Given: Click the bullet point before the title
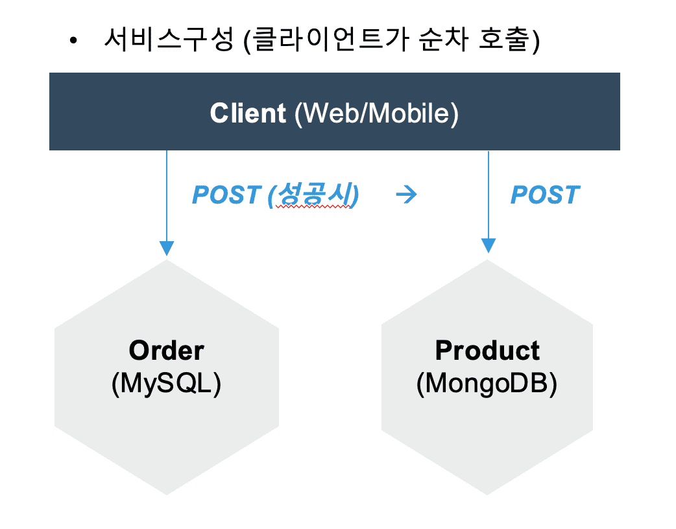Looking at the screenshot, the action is click(73, 41).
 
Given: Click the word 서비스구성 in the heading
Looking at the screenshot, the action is click(169, 39).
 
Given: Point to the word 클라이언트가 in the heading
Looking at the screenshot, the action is click(330, 39).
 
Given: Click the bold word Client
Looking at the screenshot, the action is click(248, 113).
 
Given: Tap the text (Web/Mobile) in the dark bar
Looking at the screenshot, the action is click(376, 113).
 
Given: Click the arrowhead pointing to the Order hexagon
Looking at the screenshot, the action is click(167, 248).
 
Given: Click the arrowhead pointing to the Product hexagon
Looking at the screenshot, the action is click(488, 246).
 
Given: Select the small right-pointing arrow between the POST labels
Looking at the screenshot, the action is click(407, 194).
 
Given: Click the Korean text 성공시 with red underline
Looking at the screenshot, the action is click(314, 194).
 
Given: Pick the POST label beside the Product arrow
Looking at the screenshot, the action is click(545, 194).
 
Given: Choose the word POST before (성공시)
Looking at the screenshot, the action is click(227, 194).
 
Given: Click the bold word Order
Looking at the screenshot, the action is click(167, 350).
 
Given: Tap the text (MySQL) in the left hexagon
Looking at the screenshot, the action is click(167, 383).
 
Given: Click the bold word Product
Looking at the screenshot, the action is click(487, 350).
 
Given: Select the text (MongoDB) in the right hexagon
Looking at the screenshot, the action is click(487, 383).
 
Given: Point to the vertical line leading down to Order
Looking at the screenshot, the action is click(167, 196).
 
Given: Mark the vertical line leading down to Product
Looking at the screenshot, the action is click(488, 194).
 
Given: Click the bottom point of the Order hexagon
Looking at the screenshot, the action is click(167, 495).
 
